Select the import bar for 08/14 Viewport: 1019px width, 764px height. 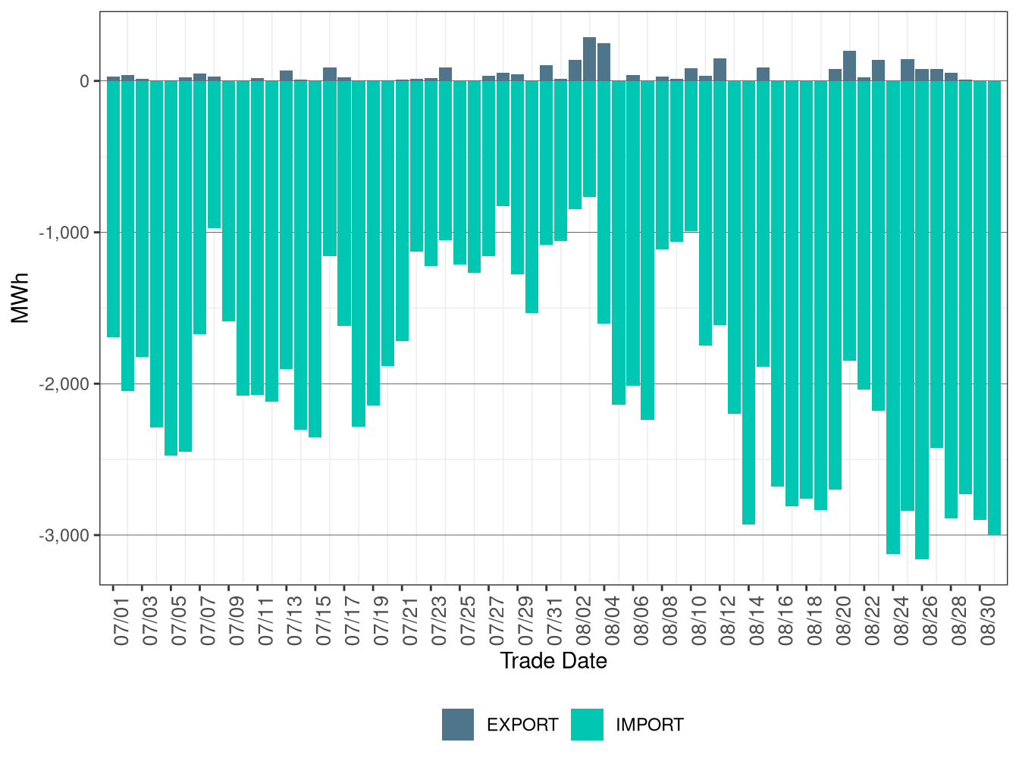pyautogui.click(x=748, y=302)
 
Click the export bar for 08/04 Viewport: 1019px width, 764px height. pyautogui.click(x=604, y=62)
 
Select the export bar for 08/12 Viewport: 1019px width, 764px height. pyautogui.click(x=720, y=70)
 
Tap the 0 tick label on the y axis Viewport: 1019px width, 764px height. pyautogui.click(x=84, y=81)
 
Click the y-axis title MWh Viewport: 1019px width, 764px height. pyautogui.click(x=20, y=298)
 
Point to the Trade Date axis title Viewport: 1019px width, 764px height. pyautogui.click(x=553, y=661)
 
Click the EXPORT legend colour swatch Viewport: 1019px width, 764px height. pyautogui.click(x=458, y=725)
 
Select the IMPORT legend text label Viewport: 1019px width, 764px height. pyautogui.click(x=650, y=725)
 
